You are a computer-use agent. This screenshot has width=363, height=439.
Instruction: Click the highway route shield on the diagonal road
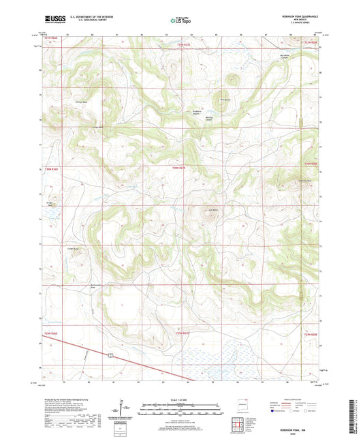click(108, 354)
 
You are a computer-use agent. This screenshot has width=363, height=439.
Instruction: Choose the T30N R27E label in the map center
click(178, 166)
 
